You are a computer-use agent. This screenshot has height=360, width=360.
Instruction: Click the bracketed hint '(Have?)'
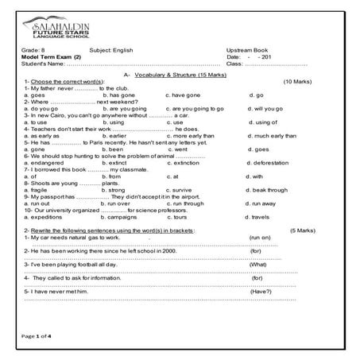(261, 292)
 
